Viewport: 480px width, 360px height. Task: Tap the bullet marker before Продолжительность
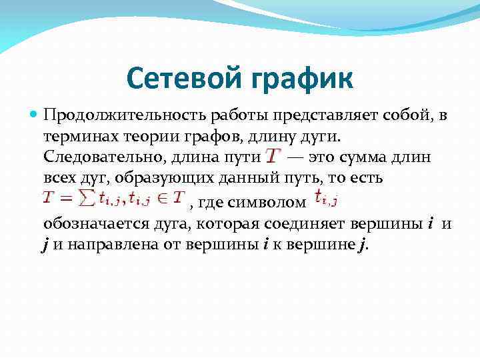point(35,115)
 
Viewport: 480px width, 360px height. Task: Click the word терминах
point(79,137)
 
